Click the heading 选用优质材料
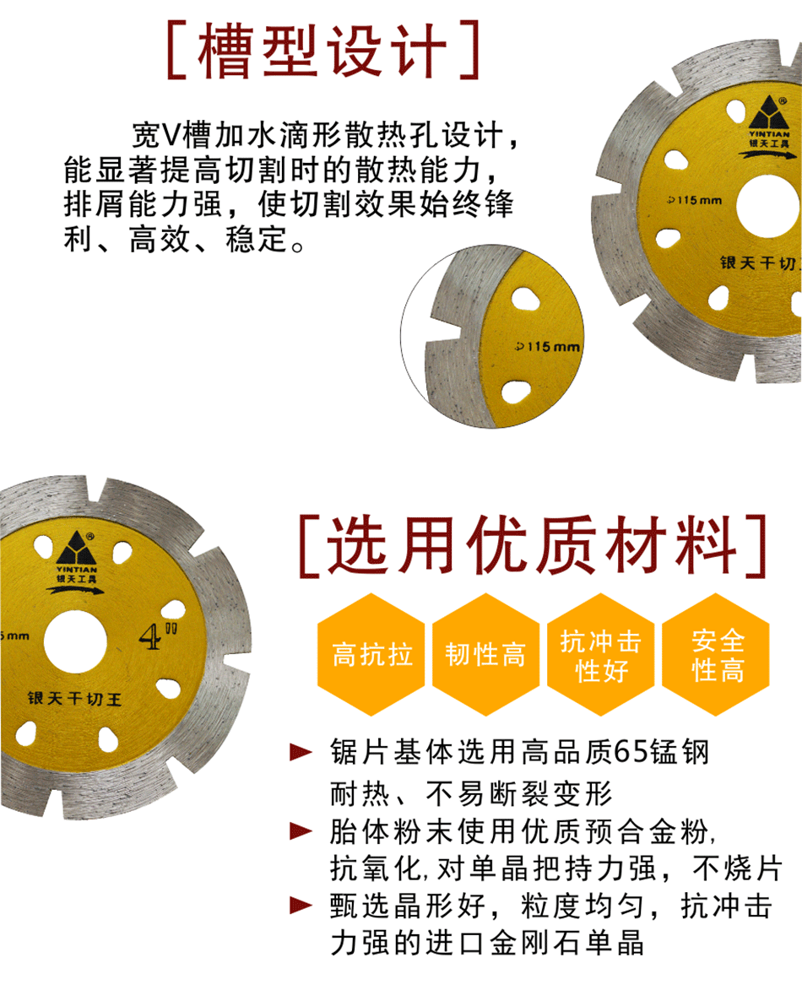pos(532,544)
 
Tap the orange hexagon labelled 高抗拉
pos(371,654)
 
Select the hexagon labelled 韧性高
pos(485,654)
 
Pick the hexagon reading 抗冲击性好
pos(600,654)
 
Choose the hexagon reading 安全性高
pos(716,654)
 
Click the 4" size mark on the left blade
pos(157,636)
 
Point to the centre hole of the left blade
pos(75,642)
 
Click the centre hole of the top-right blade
pos(769,206)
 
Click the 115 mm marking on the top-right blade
pos(694,200)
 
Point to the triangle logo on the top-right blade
pos(768,113)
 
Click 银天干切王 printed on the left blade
pos(74,698)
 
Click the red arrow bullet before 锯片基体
pos(301,752)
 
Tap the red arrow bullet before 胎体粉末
pos(301,830)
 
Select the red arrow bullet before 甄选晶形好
pos(301,906)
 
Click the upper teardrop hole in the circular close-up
pos(525,299)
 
